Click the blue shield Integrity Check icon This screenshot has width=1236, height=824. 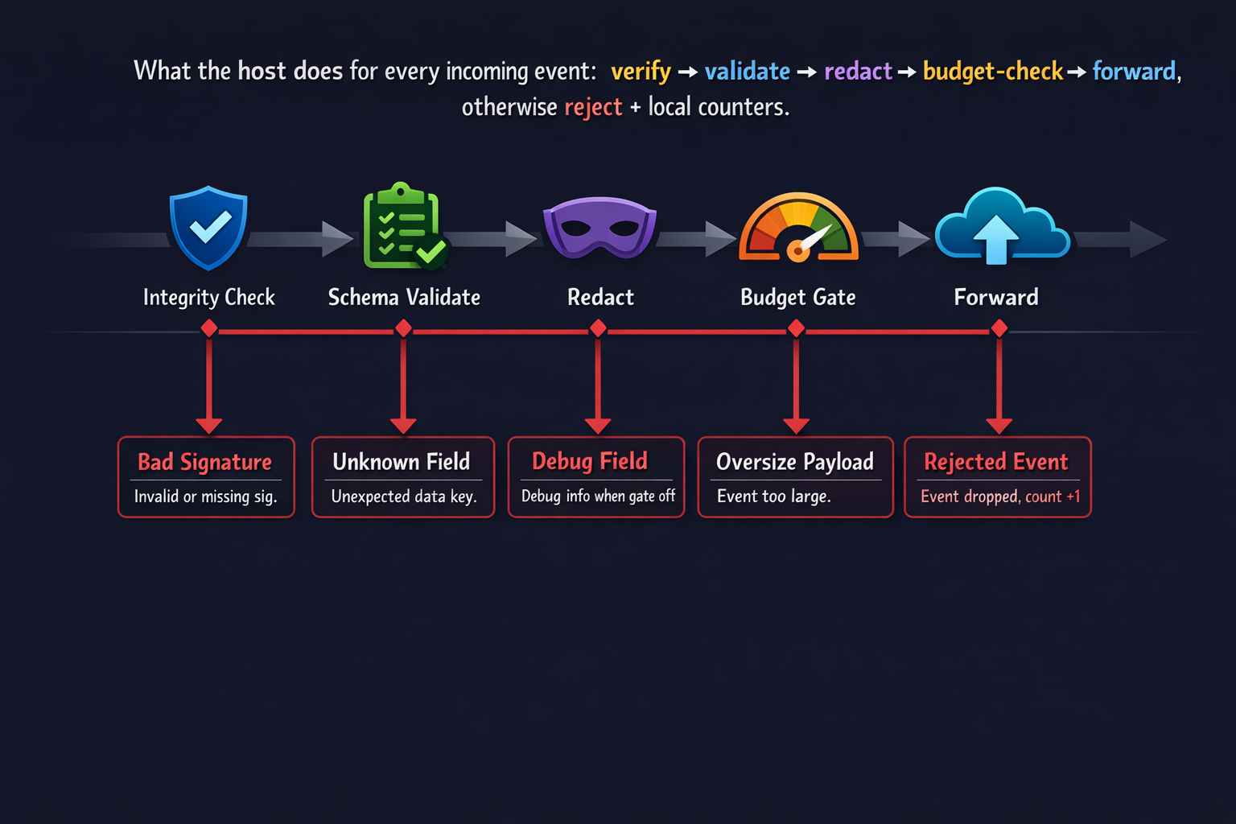pyautogui.click(x=208, y=228)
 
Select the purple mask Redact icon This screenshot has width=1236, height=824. pyautogui.click(x=600, y=227)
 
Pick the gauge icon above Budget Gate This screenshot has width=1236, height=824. pyautogui.click(x=798, y=229)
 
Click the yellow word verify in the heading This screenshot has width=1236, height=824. pyautogui.click(x=641, y=72)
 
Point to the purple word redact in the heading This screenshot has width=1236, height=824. pyautogui.click(x=858, y=72)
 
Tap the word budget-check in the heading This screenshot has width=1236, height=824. pyautogui.click(x=993, y=72)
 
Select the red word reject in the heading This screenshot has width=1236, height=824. pyautogui.click(x=593, y=107)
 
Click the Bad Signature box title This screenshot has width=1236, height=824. pyautogui.click(x=204, y=462)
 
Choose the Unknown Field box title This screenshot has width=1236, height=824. pyautogui.click(x=402, y=462)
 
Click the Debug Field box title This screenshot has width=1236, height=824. pyautogui.click(x=590, y=461)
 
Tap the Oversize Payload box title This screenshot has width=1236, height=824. pyautogui.click(x=795, y=462)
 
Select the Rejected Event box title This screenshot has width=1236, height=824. pyautogui.click(x=996, y=462)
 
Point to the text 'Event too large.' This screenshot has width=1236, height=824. pyautogui.click(x=774, y=496)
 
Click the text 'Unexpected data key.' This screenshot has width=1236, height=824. pyautogui.click(x=404, y=496)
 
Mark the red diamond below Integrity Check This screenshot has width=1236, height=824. pyautogui.click(x=209, y=328)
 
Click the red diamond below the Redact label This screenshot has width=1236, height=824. pyautogui.click(x=598, y=328)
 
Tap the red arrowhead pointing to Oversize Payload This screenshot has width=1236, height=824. pyautogui.click(x=796, y=426)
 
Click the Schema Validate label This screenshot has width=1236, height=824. pyautogui.click(x=404, y=298)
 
